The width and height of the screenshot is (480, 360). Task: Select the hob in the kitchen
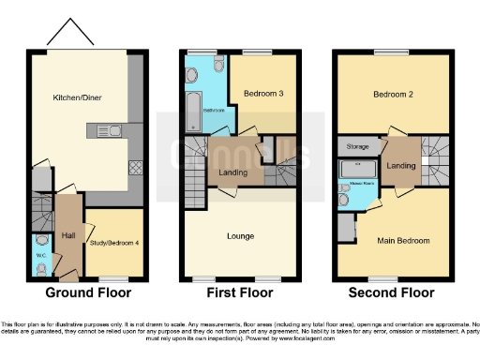tap(135, 169)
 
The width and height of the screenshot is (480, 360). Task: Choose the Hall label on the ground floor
tap(68, 236)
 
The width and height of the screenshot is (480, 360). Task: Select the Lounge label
tap(240, 236)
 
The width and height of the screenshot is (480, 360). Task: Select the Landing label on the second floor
tap(401, 166)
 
